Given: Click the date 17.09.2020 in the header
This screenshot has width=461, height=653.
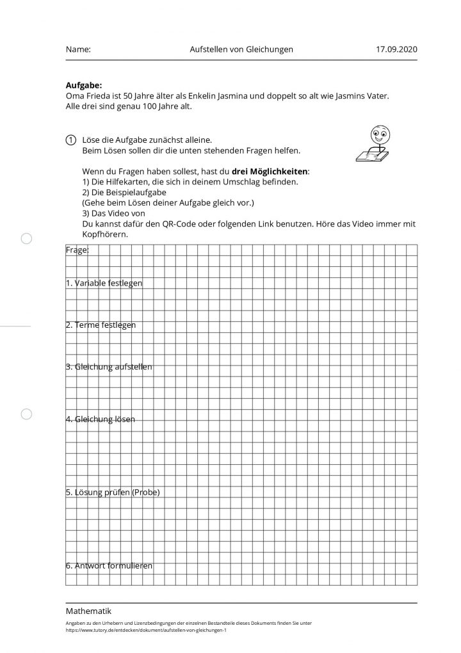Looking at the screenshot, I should point(397,49).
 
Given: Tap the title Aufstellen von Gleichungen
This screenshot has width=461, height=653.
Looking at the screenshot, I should point(241,49).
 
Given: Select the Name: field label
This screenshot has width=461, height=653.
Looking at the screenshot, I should point(78,49).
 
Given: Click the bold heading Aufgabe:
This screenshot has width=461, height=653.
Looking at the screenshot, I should point(84,85).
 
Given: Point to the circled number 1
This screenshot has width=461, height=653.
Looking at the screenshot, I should point(70,140).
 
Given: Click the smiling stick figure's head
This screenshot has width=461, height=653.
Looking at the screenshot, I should point(379,134).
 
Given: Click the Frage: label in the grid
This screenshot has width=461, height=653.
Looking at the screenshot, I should point(77,250).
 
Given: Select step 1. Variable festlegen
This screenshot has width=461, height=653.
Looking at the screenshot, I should point(104,283).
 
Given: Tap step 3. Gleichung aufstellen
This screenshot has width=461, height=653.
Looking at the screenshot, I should point(109,367).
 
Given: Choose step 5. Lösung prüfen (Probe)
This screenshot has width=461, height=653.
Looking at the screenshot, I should point(112,492).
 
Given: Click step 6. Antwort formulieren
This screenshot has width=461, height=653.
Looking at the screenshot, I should point(109,566).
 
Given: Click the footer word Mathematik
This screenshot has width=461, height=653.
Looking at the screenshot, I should point(88,611).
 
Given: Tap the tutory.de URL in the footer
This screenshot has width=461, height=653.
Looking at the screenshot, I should point(146,630).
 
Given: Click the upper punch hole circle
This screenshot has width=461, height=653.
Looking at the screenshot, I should point(26,239).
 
